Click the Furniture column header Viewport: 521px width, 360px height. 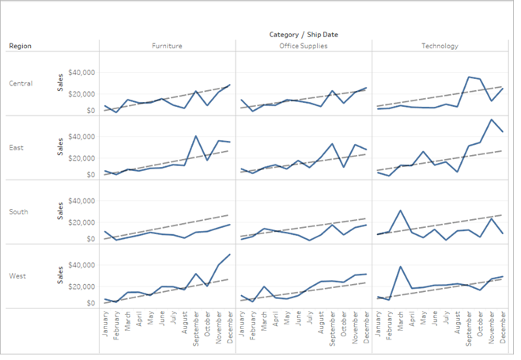pos(167,46)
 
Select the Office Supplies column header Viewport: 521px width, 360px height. pos(303,46)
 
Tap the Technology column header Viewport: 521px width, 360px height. pos(439,46)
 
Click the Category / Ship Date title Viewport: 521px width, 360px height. pos(303,35)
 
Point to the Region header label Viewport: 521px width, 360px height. pos(21,46)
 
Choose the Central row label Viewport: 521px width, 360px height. pos(21,83)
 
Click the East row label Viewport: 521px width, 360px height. pos(17,147)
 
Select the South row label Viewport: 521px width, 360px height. pos(19,211)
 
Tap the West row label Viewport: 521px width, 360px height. pos(17,275)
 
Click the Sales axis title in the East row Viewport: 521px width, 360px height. pos(60,147)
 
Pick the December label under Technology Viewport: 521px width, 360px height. pos(502,325)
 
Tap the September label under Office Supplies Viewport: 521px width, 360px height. pos(332,324)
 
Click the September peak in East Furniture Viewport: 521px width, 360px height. pos(195,136)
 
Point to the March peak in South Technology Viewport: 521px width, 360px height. pos(400,211)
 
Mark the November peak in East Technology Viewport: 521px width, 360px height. pos(490,119)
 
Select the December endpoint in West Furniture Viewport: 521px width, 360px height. pos(229,255)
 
